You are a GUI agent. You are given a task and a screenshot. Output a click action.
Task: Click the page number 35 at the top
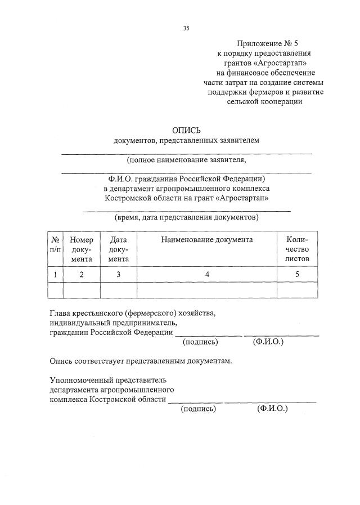point(186,29)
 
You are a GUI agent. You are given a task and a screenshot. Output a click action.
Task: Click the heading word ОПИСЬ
point(186,129)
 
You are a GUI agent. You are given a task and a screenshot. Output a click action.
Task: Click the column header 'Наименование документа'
point(206,240)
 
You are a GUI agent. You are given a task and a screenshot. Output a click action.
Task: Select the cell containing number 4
point(206,275)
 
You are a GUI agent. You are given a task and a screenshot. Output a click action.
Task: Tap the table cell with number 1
point(55,275)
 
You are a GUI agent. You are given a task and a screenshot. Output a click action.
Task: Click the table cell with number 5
point(297,275)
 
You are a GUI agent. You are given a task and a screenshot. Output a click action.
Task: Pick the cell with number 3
point(118,275)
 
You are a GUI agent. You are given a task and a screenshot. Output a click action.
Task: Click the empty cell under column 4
point(206,289)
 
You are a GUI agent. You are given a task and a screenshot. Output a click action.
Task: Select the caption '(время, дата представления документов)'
point(186,217)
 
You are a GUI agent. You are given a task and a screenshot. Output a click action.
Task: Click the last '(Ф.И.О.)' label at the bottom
point(272,409)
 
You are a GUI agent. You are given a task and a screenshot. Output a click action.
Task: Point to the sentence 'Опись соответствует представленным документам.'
point(141,360)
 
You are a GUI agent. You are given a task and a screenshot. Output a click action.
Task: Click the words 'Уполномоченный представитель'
point(108,380)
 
